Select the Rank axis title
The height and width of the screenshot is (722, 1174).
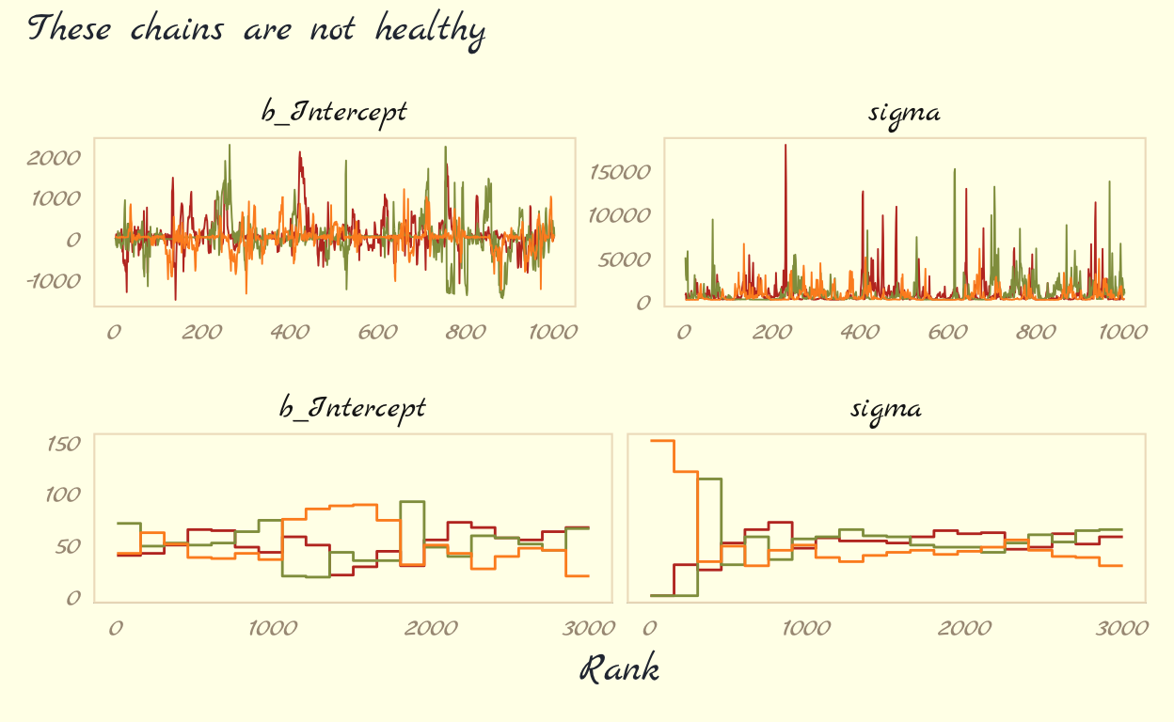pyautogui.click(x=618, y=669)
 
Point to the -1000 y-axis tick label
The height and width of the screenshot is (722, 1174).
pyautogui.click(x=53, y=280)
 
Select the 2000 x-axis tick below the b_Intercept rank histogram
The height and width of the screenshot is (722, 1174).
pyautogui.click(x=432, y=628)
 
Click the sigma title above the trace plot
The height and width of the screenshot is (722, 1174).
pyautogui.click(x=904, y=114)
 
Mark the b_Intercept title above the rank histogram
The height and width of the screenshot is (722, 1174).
pyautogui.click(x=353, y=408)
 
